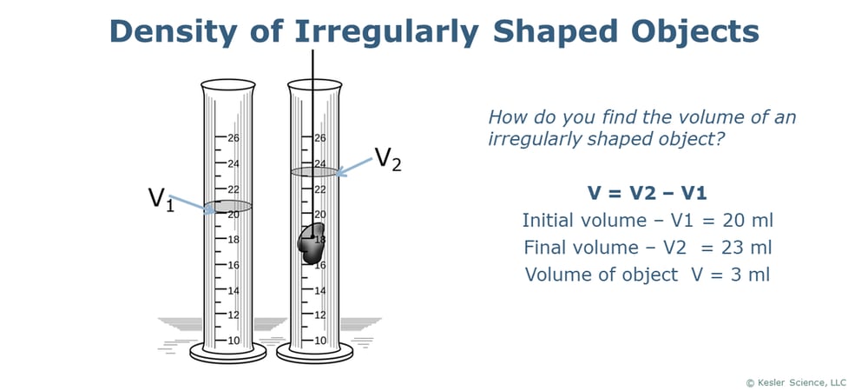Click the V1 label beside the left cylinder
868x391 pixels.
pos(161,199)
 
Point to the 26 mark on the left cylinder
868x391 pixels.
pos(233,138)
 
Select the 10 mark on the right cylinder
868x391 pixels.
pos(320,341)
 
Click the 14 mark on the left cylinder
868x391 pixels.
pos(233,290)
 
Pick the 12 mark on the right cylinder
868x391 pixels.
pos(320,315)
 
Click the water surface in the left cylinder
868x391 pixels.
pos(227,207)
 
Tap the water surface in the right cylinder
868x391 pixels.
pos(313,172)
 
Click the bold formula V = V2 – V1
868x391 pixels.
pos(647,193)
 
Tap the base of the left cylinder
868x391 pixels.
pos(227,353)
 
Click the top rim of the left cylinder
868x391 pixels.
pos(227,85)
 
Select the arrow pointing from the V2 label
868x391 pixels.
pos(353,166)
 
